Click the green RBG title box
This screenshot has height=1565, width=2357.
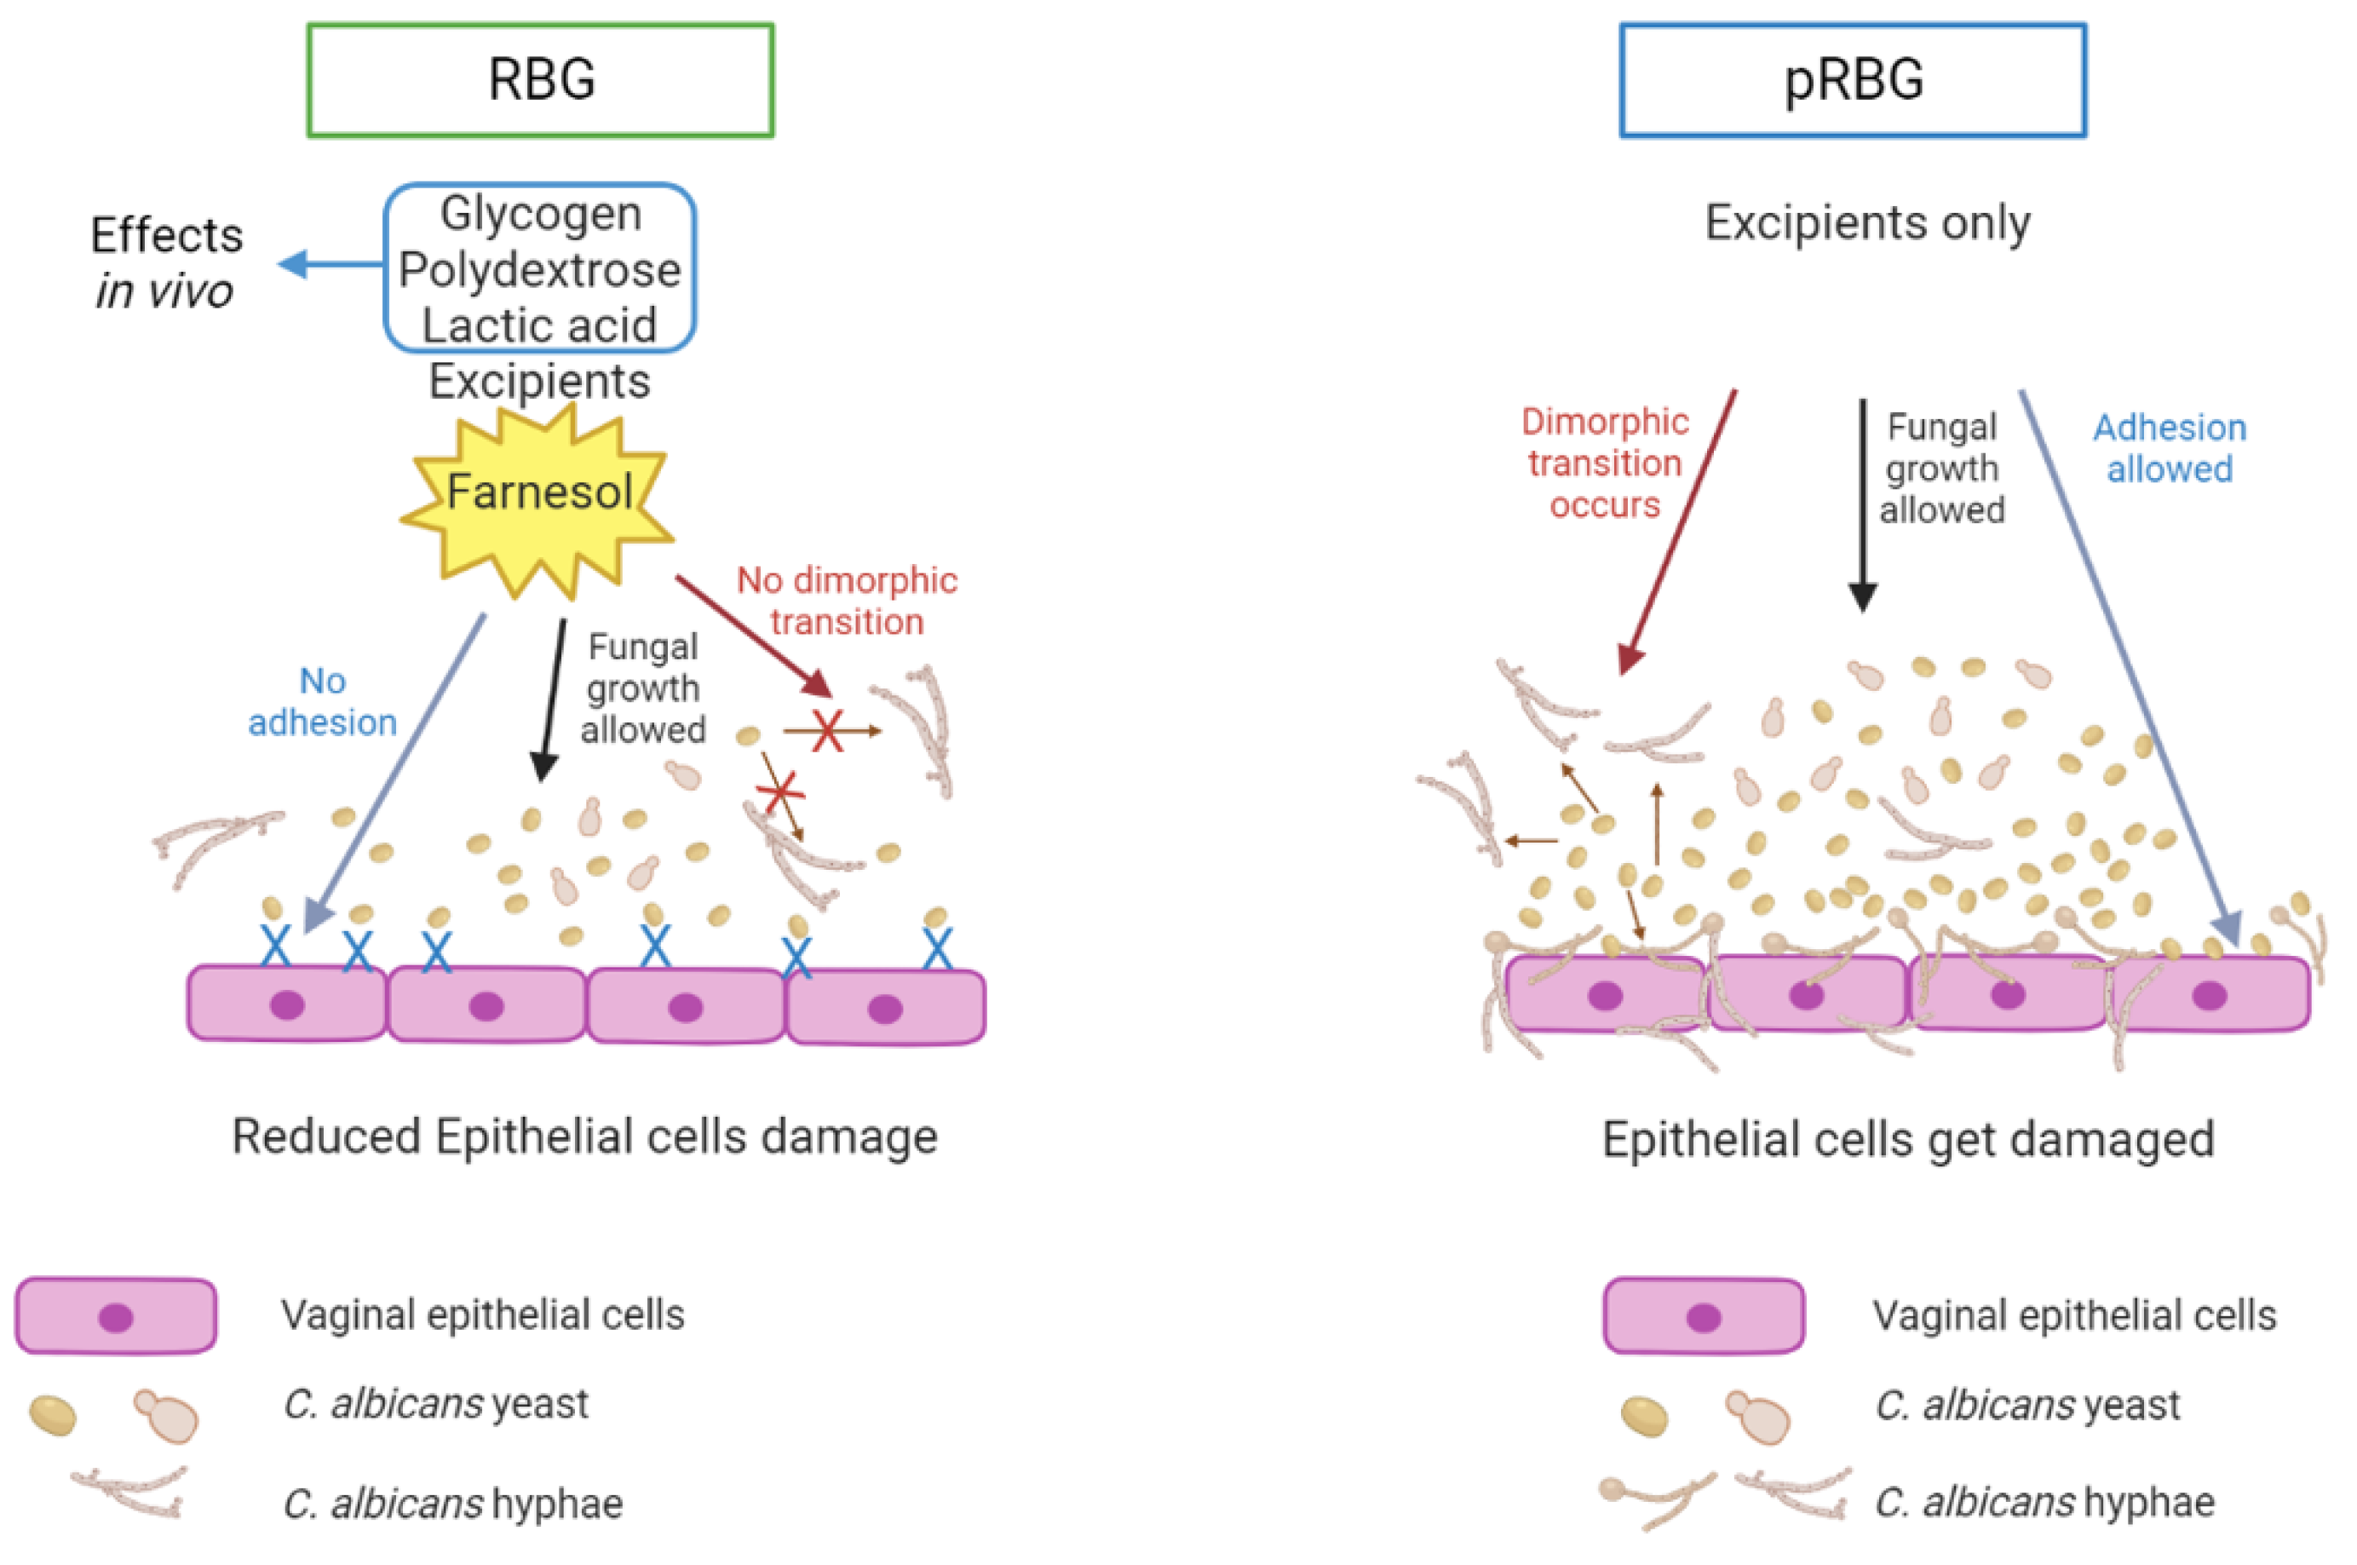click(540, 80)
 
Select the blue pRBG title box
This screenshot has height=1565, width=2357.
click(1852, 80)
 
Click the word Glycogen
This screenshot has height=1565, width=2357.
click(540, 214)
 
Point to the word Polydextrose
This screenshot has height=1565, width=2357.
click(540, 269)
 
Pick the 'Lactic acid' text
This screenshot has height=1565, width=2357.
click(540, 325)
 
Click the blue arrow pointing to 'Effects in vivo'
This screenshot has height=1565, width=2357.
click(331, 264)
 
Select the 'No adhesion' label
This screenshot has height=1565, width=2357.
click(322, 702)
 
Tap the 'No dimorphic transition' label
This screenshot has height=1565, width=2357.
click(846, 601)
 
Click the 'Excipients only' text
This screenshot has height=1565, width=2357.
click(1867, 222)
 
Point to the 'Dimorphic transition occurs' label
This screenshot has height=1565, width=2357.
click(1605, 463)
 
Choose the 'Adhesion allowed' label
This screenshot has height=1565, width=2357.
click(2170, 448)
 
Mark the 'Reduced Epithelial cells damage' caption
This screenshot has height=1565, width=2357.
click(584, 1136)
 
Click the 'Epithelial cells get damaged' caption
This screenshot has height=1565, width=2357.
click(1908, 1139)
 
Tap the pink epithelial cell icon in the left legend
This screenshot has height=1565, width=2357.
click(116, 1316)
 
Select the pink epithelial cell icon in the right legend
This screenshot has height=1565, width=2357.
click(1704, 1316)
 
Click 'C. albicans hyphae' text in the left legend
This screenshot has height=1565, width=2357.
click(453, 1503)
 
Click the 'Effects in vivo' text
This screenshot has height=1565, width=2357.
click(165, 262)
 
